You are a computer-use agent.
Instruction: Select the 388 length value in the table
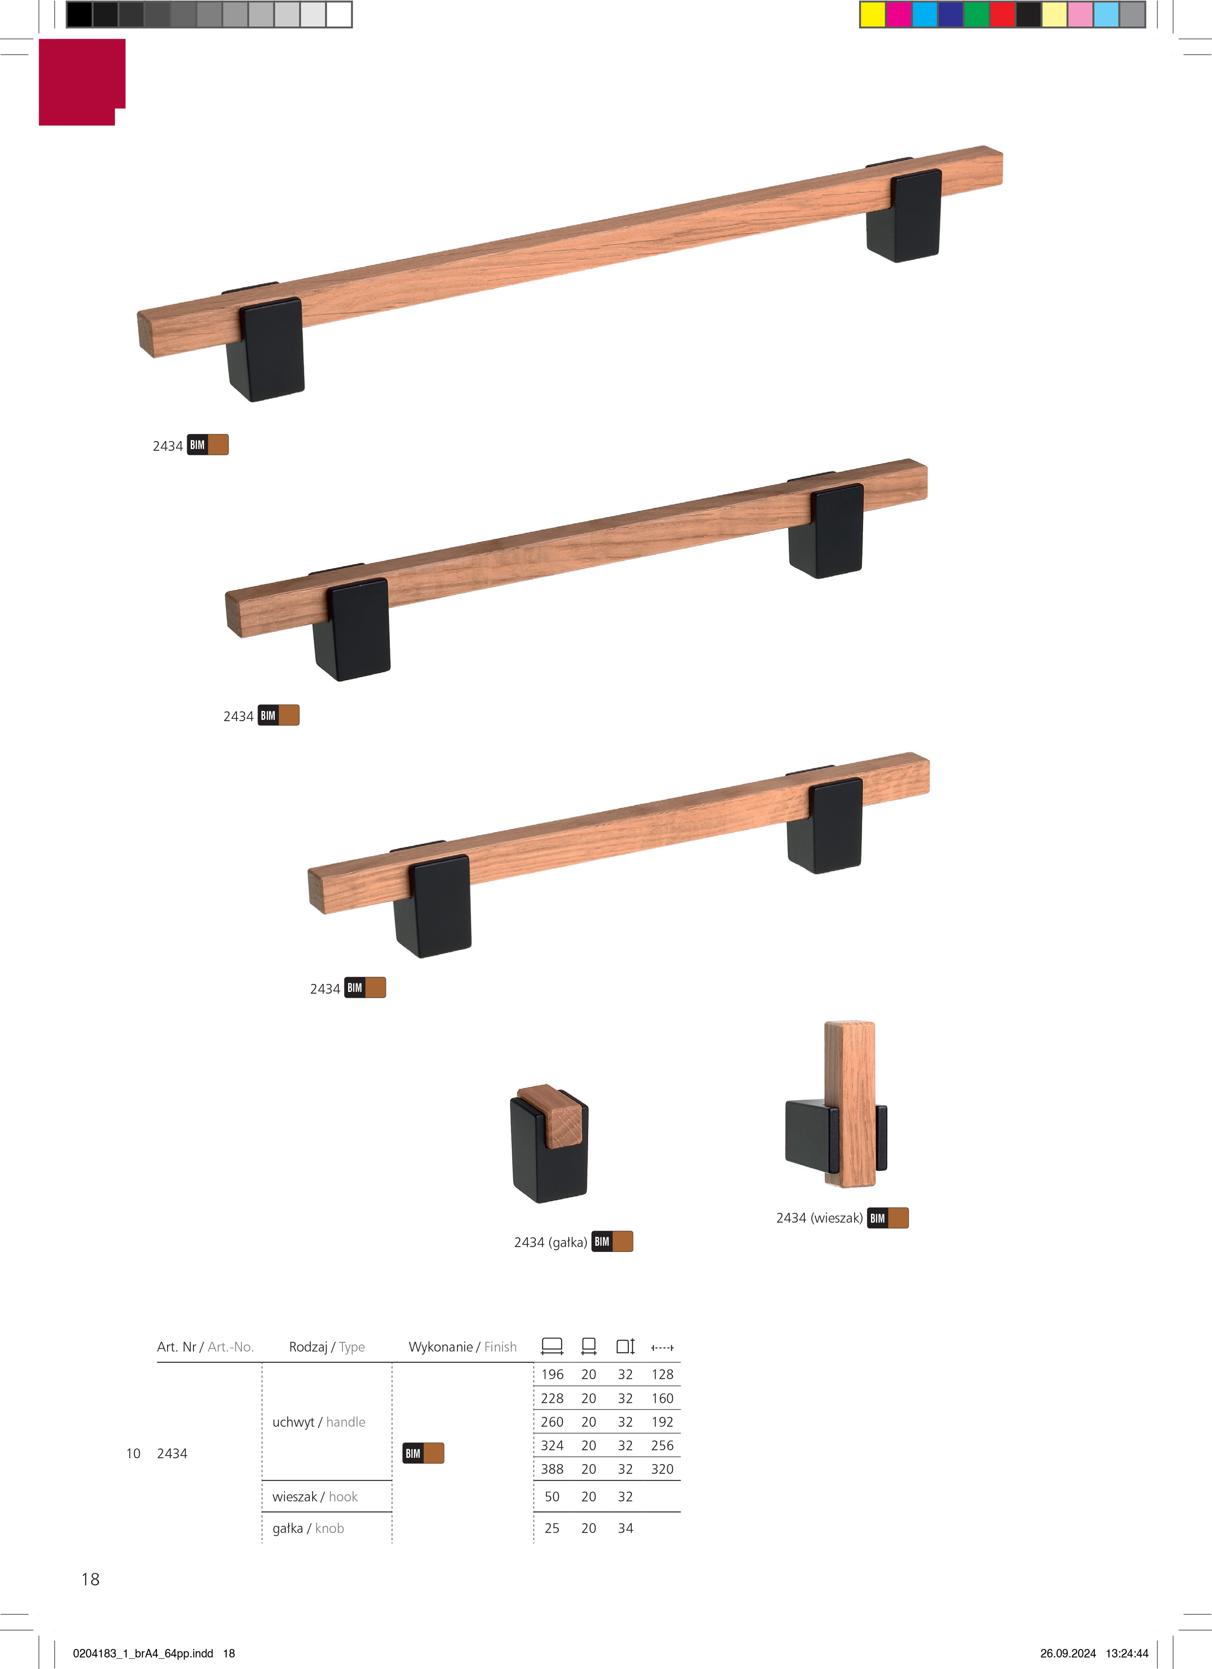552,1469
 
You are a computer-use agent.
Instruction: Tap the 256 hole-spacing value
662,1445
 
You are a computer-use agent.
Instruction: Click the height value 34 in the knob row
626,1529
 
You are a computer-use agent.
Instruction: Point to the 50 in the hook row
552,1497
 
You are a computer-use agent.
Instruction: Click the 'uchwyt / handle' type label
319,1422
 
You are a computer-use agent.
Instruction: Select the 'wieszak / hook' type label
315,1497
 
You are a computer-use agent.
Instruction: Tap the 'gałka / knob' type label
308,1529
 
